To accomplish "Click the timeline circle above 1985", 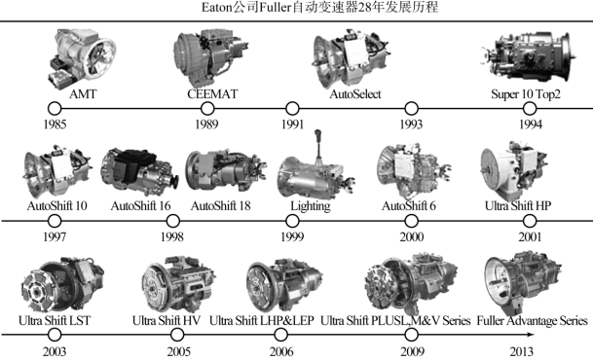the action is tap(55, 108).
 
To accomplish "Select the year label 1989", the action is tap(206, 125).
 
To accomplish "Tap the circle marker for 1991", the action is tap(292, 108).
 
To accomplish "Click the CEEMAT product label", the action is tap(212, 93).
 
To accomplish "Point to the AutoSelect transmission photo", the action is tap(351, 58).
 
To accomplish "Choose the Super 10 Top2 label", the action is tap(525, 93).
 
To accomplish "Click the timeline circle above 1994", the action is tap(530, 108).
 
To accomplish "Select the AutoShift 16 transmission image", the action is tap(139, 172).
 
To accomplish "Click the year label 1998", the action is tap(172, 236).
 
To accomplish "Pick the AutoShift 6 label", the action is tap(408, 206).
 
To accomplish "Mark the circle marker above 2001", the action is tap(530, 221).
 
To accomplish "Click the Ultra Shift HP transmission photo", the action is tap(513, 170).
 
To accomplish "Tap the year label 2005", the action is tap(179, 351).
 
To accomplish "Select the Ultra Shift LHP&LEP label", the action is tap(262, 321).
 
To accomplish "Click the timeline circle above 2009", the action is tap(411, 335).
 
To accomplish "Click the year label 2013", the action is tap(522, 351).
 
